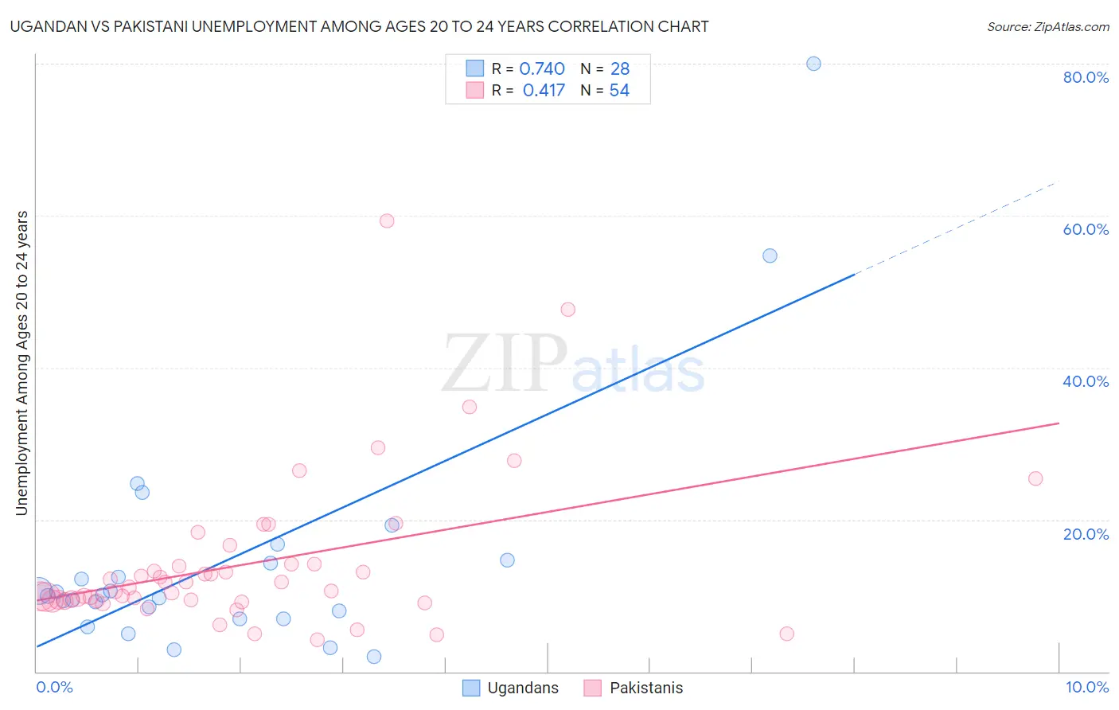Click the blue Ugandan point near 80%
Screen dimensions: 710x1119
tap(813, 64)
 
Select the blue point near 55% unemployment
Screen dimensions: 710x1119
tap(770, 256)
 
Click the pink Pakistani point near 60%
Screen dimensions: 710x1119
tap(387, 220)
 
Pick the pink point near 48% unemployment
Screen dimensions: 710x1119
tap(567, 310)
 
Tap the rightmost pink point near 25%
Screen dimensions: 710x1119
tap(1035, 478)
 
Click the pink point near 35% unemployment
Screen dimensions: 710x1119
tap(470, 407)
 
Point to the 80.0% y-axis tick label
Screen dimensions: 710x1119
tap(1086, 77)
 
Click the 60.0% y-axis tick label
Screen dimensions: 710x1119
tap(1086, 229)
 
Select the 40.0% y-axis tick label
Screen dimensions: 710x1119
tap(1086, 381)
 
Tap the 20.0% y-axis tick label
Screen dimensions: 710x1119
tap(1086, 533)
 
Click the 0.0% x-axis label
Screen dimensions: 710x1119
tap(55, 687)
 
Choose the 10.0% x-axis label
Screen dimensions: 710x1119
tap(1086, 687)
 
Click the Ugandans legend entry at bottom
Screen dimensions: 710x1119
tap(522, 688)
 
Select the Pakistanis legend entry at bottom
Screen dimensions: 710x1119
tap(645, 688)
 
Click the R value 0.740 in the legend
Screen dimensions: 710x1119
tap(542, 69)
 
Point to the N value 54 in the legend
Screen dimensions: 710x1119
tap(619, 91)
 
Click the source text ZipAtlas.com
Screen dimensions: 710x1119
tap(1048, 27)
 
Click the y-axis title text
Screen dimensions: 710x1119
tap(22, 362)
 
